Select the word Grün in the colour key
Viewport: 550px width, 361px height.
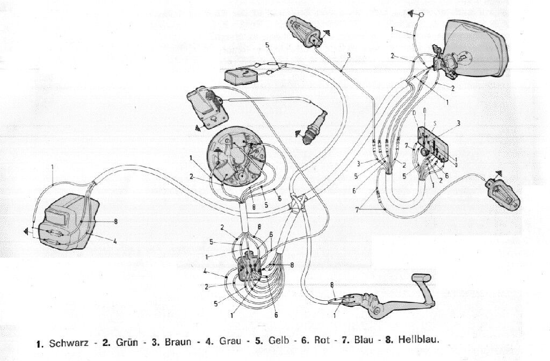tap(121, 341)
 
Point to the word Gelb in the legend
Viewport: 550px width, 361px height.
tap(277, 341)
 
